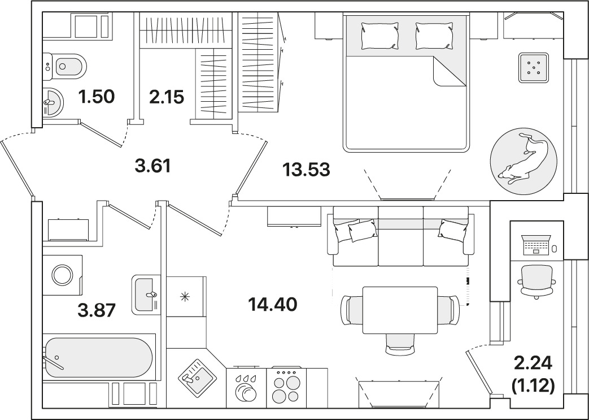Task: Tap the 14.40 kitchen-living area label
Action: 272,304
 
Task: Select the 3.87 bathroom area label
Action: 96,310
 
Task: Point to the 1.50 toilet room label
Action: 96,97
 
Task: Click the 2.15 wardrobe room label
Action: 167,97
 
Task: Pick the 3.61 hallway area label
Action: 153,166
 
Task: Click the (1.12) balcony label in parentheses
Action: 533,386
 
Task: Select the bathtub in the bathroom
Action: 99,358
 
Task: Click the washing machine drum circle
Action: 62,275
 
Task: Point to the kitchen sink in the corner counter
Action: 197,376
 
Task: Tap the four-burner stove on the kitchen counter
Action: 286,387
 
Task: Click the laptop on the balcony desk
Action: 536,245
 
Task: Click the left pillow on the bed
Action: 379,36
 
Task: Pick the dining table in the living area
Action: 400,310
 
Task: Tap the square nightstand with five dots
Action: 534,68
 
